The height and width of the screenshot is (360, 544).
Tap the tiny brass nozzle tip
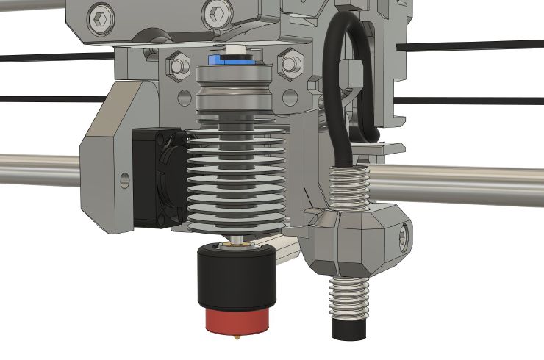click(237, 336)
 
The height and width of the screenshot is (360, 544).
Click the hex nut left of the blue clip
click(178, 67)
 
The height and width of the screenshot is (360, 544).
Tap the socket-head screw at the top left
click(98, 14)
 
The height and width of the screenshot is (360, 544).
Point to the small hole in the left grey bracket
click(123, 179)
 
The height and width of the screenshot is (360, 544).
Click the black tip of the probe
click(348, 329)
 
